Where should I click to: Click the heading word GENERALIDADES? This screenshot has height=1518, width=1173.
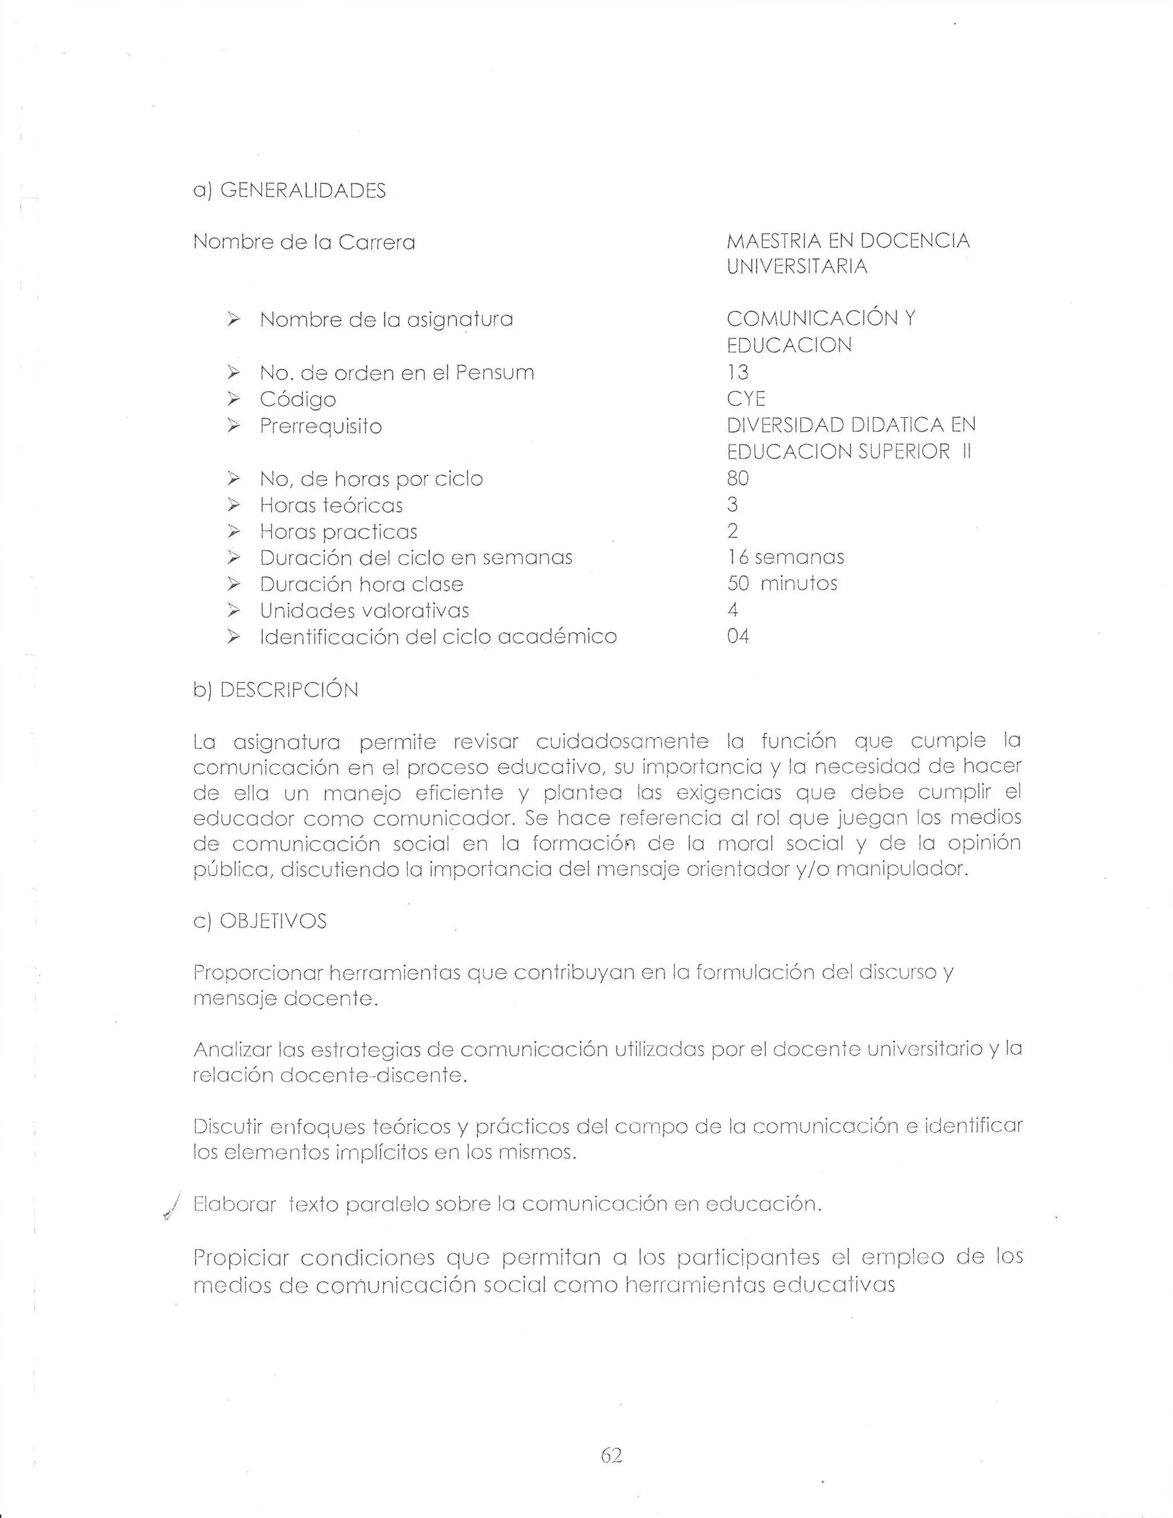[x=302, y=191]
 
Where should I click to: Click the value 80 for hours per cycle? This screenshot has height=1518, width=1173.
[x=738, y=478]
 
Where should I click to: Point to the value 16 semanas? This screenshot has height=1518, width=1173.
[x=785, y=557]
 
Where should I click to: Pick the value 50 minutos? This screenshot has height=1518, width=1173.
[x=782, y=583]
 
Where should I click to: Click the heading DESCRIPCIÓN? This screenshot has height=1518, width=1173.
[x=289, y=689]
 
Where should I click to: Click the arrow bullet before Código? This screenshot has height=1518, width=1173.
[x=234, y=399]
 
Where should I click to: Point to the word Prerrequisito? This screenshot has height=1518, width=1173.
[x=321, y=426]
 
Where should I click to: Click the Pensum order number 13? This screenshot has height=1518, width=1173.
[x=738, y=373]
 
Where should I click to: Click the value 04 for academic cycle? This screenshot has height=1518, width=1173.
[x=738, y=636]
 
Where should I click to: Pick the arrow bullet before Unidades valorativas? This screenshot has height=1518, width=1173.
[x=234, y=610]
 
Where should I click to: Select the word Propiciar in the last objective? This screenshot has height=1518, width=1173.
[x=240, y=1257]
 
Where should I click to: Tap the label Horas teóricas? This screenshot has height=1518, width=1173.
[x=331, y=505]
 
